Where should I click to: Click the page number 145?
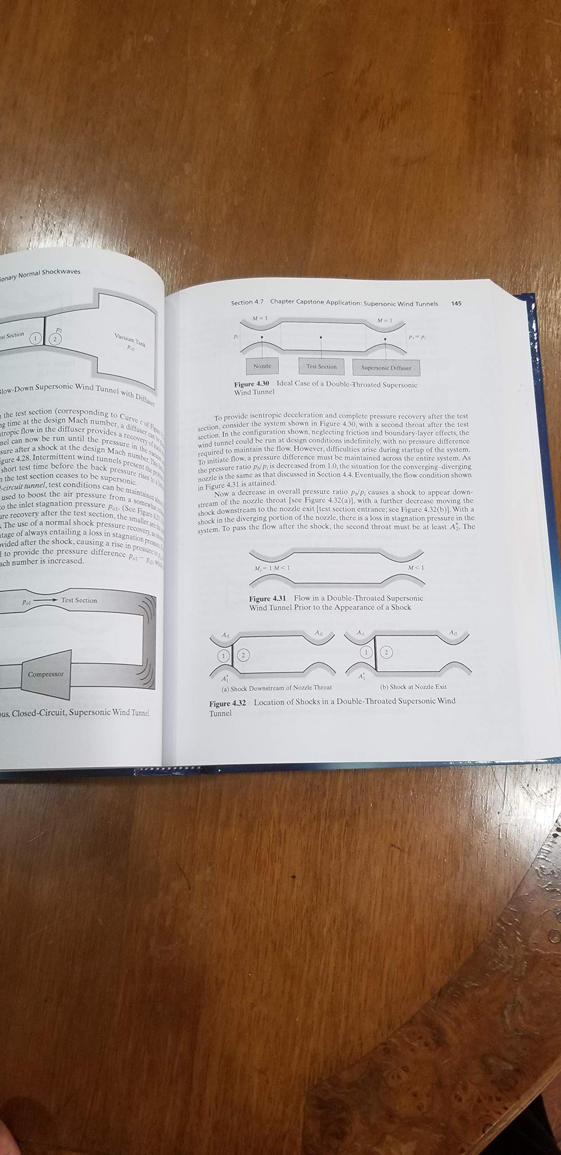(x=456, y=304)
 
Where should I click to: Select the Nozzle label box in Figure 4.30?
(x=262, y=366)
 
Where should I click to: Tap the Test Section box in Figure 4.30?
(x=322, y=367)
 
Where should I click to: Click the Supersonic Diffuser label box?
(x=386, y=368)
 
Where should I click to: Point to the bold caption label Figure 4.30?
(x=251, y=384)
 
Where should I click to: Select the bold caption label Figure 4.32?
(x=227, y=704)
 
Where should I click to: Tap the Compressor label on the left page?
(x=46, y=675)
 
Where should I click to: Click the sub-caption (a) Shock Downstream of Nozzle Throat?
(x=276, y=688)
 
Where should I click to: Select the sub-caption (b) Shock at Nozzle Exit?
(x=414, y=687)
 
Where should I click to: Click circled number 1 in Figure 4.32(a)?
(x=223, y=656)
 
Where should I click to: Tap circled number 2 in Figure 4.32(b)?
(x=386, y=652)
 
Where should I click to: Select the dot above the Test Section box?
(x=321, y=337)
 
